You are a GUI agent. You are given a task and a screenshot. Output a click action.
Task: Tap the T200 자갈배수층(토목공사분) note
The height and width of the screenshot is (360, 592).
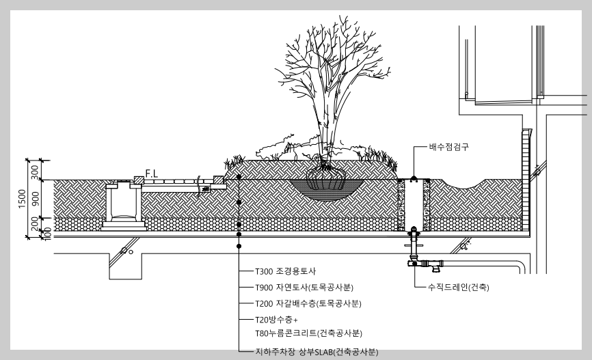(307, 303)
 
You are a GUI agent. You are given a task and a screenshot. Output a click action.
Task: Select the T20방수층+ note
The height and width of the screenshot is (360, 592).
(277, 319)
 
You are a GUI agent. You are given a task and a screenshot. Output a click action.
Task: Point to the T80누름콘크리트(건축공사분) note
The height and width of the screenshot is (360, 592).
(308, 333)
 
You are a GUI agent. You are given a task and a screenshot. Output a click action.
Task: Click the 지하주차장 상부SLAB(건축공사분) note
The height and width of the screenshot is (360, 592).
(317, 352)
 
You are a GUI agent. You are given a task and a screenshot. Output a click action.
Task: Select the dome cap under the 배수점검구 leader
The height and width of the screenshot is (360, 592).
(414, 179)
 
